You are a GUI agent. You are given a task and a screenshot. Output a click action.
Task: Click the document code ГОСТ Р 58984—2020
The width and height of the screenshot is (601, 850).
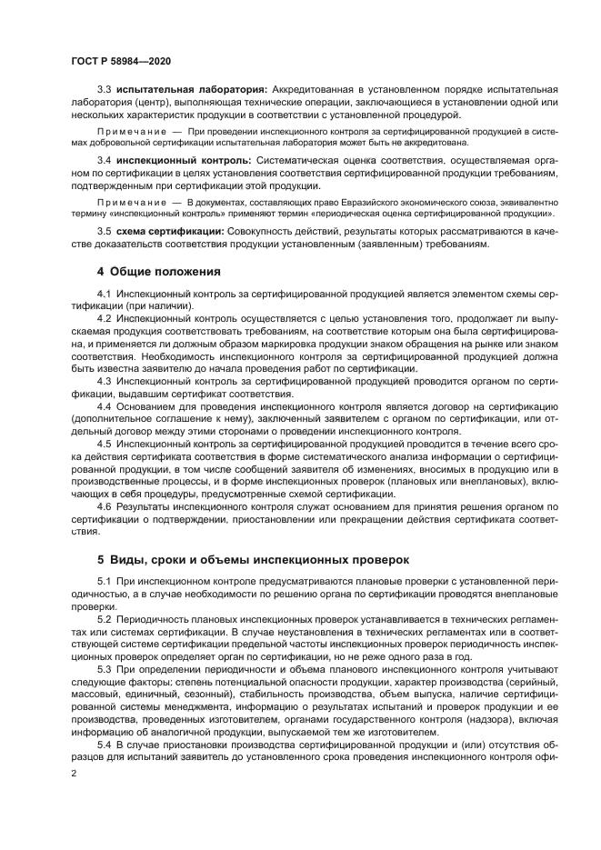tap(120, 60)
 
